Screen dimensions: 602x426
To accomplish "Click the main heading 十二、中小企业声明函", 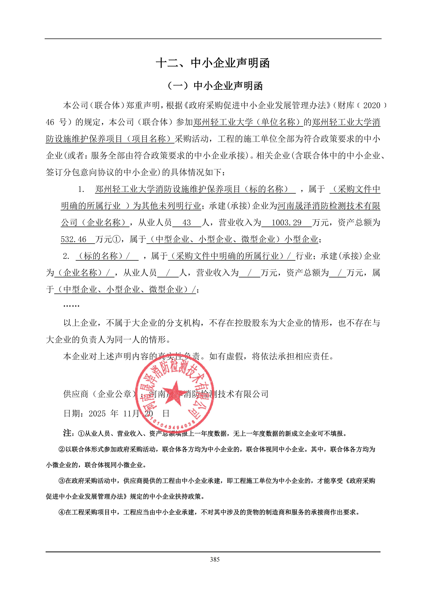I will (x=213, y=63).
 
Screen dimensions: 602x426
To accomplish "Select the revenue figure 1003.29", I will (x=286, y=223).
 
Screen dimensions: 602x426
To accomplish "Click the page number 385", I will (x=215, y=559).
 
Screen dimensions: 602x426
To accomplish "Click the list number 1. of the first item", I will (x=81, y=189).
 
